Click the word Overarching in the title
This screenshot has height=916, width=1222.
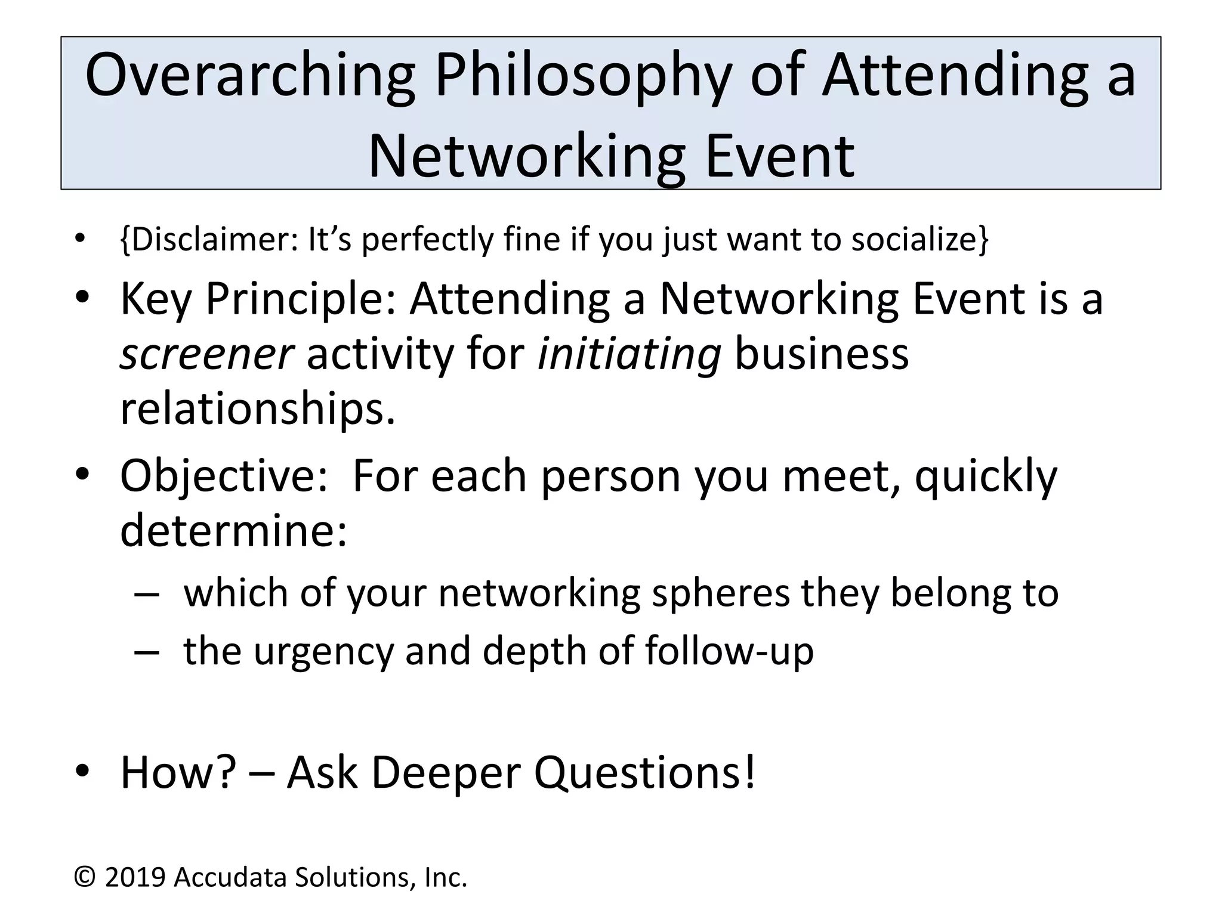tap(251, 76)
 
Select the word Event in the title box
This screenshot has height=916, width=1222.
tap(779, 156)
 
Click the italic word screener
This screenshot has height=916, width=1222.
tap(206, 354)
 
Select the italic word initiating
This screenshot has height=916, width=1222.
tap(629, 354)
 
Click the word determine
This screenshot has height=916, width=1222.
tap(233, 531)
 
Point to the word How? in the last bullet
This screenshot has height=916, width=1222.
tap(179, 773)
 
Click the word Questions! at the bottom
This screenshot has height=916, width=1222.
tap(645, 773)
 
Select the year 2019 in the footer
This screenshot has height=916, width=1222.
tap(135, 878)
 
